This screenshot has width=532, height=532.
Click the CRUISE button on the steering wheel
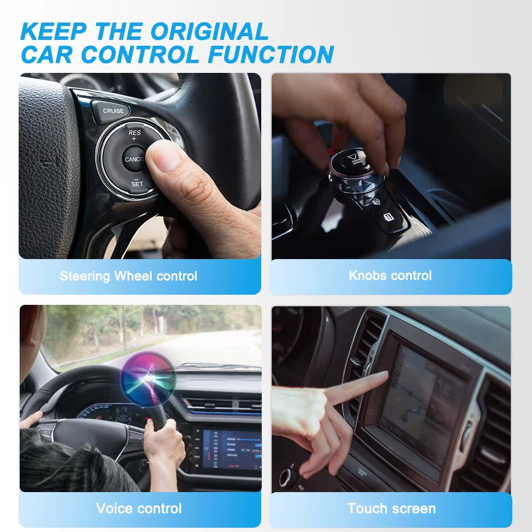click(x=113, y=111)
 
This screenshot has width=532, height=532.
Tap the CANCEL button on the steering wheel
click(x=135, y=159)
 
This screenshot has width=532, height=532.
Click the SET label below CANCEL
click(x=137, y=184)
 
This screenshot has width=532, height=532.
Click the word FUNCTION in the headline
click(x=271, y=54)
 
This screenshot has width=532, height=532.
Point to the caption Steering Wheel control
click(x=128, y=276)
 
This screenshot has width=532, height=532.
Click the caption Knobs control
click(x=390, y=276)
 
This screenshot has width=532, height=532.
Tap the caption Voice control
click(x=139, y=508)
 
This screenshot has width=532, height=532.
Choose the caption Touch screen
click(x=391, y=508)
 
